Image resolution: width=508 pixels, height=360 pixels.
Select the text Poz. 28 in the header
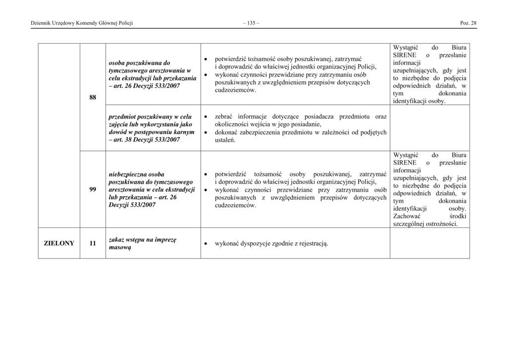point(468,23)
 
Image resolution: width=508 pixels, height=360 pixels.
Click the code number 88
point(93,97)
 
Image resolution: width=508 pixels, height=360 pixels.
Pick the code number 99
point(93,189)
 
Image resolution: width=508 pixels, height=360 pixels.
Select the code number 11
point(93,243)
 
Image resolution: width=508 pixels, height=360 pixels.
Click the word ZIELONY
point(59,243)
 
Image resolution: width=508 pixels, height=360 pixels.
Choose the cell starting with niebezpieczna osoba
point(151,190)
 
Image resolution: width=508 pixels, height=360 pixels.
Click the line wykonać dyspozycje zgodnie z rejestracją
point(271,244)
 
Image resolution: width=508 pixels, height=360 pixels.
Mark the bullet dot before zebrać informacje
point(206,117)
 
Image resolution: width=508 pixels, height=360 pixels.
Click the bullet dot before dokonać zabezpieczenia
point(206,133)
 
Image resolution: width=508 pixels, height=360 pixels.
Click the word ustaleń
point(225,141)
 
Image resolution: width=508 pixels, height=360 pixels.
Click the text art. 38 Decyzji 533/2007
point(146,140)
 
